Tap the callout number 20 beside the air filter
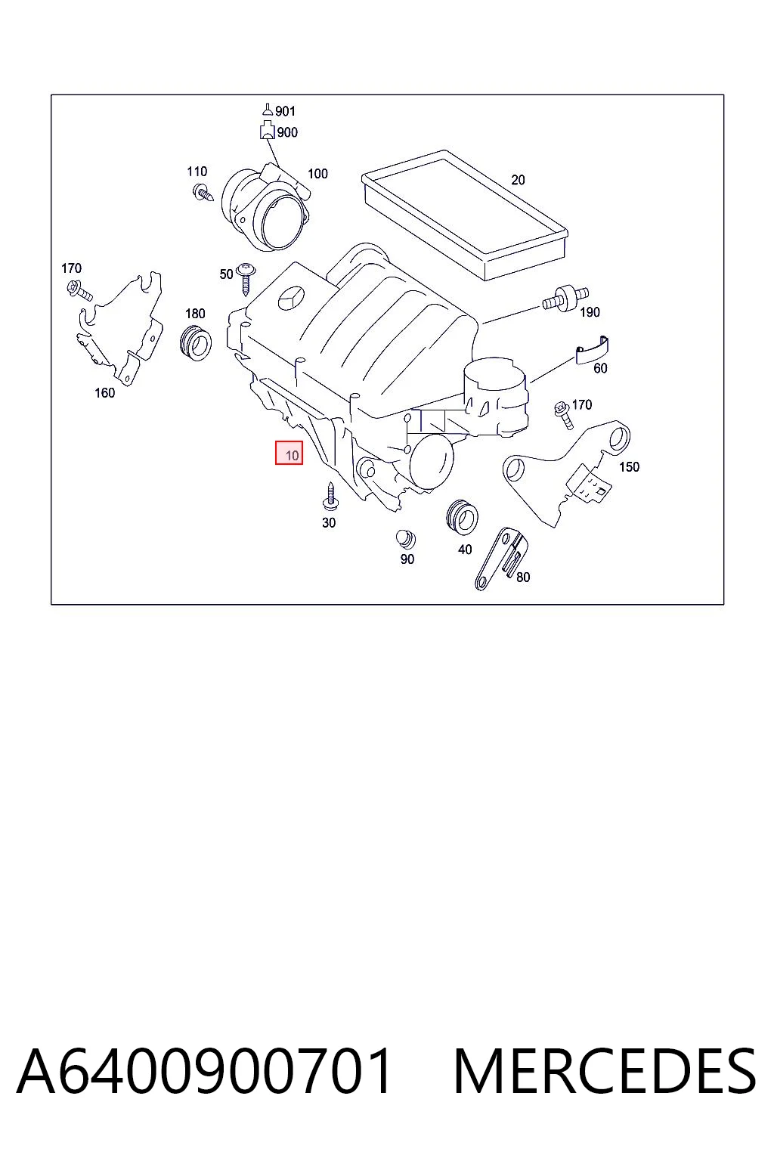coord(518,180)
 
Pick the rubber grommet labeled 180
coord(196,342)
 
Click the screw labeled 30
coord(330,496)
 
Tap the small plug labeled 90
coord(405,538)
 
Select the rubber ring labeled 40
coord(462,517)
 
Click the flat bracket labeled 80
coord(501,559)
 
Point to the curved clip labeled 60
coord(592,350)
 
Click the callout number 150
coord(629,466)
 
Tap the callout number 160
coord(104,393)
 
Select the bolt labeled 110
coord(203,193)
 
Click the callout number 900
coord(287,132)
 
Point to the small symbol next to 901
coord(268,109)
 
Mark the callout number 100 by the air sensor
coord(317,174)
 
